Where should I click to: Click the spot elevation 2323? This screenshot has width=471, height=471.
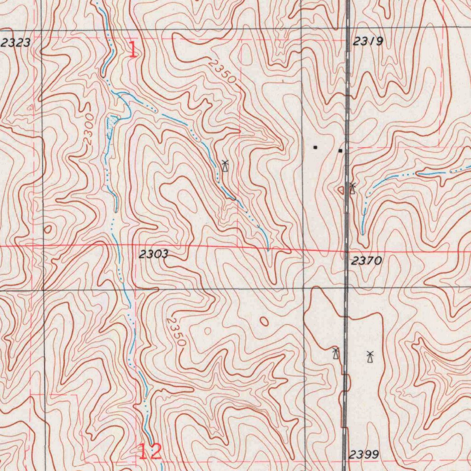click(x=16, y=43)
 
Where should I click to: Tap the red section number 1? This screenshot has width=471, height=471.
click(x=132, y=50)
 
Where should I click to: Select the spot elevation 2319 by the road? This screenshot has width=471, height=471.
click(x=368, y=42)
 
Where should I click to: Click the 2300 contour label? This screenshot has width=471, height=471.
click(x=89, y=130)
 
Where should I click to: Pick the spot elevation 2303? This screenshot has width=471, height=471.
click(x=154, y=254)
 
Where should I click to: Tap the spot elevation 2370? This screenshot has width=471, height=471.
click(x=366, y=261)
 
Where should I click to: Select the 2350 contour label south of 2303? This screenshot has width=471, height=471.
click(x=176, y=331)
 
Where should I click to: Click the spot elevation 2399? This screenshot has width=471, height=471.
click(x=363, y=455)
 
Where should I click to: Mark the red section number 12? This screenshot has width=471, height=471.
click(x=150, y=452)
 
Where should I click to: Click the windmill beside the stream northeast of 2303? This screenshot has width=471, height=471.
click(x=224, y=166)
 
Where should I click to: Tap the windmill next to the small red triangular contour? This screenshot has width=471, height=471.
click(x=352, y=188)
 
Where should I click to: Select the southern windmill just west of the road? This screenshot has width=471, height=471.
click(x=336, y=353)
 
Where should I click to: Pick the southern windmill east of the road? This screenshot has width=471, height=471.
click(x=370, y=357)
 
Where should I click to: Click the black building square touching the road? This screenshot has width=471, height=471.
click(x=340, y=150)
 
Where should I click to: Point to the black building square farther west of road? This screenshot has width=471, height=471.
click(x=315, y=148)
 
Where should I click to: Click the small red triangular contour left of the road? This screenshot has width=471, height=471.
click(x=341, y=190)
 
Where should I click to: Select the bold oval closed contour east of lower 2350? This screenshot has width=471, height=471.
click(x=264, y=321)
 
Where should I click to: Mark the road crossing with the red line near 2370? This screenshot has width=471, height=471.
click(x=347, y=251)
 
